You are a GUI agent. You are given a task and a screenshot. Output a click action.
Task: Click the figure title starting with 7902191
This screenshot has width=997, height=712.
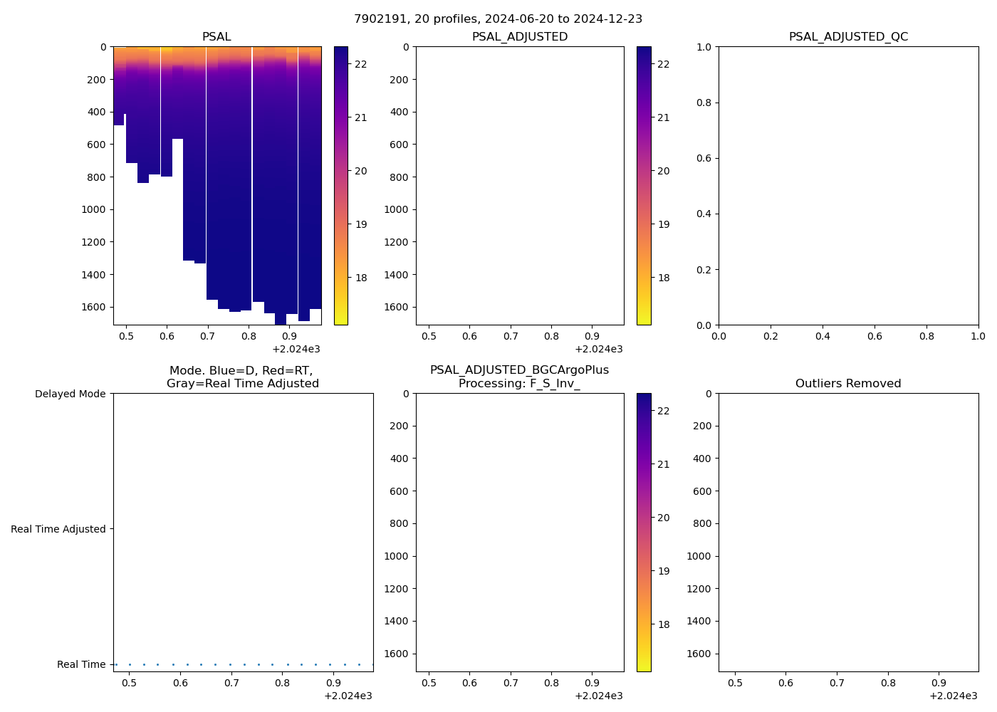tap(498, 19)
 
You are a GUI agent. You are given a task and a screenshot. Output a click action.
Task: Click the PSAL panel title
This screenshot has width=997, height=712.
tap(216, 37)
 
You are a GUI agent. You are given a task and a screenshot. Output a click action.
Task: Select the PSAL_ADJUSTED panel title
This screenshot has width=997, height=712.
tap(520, 37)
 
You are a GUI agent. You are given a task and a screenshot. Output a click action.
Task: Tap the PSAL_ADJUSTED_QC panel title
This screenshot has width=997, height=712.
tap(848, 37)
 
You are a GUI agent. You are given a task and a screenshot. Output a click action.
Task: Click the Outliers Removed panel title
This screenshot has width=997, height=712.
tap(848, 384)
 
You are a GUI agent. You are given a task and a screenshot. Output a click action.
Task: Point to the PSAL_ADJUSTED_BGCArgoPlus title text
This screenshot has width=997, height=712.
tap(519, 370)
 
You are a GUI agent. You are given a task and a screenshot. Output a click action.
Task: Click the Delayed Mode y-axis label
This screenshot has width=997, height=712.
tap(70, 394)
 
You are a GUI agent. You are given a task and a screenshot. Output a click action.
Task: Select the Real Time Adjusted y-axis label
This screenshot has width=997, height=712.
tap(58, 529)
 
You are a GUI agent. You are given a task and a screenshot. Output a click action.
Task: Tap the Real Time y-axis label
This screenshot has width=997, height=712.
tap(81, 664)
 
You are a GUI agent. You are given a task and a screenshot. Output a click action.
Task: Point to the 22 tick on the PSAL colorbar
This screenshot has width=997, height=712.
tap(361, 64)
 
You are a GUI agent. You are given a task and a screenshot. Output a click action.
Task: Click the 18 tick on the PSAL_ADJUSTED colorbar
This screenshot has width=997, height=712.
tap(663, 278)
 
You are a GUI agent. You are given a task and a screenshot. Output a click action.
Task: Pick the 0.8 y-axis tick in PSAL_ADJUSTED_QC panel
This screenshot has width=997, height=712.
tap(704, 103)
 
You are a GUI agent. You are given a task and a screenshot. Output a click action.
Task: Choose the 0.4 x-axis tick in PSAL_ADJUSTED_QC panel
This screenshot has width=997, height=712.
tap(823, 336)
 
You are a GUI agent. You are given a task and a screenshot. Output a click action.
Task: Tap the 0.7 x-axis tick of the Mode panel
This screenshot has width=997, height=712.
tap(231, 683)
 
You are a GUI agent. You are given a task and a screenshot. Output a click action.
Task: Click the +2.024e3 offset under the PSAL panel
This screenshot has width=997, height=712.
tap(296, 349)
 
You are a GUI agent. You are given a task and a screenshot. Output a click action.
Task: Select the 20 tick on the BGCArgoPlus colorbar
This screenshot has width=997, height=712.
tap(663, 518)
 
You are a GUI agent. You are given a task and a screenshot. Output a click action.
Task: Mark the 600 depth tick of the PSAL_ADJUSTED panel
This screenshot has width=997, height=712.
tap(399, 145)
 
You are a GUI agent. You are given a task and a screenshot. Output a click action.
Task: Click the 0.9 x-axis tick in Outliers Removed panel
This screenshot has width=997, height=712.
tap(939, 683)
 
